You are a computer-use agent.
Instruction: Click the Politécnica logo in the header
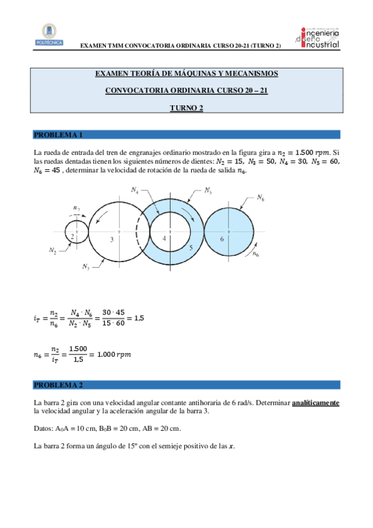coord(49,35)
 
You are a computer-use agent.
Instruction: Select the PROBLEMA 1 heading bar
coord(186,134)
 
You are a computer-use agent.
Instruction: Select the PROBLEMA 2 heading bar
coord(186,385)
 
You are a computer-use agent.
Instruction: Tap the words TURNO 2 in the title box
coord(187,108)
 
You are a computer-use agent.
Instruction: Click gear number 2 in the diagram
coord(73,237)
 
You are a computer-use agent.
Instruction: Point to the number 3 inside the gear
coord(111,240)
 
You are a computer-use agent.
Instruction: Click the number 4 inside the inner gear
coord(164,238)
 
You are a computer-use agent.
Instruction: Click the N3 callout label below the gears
coord(86,266)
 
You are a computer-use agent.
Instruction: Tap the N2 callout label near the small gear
coord(54,250)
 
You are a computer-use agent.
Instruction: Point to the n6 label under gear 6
coord(256,256)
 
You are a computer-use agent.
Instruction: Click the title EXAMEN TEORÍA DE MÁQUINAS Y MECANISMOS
coord(186,74)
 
